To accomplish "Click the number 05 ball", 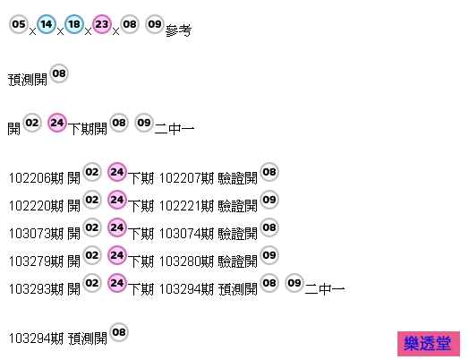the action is (19, 24).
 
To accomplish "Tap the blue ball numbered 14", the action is (47, 24).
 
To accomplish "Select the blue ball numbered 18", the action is (74, 24).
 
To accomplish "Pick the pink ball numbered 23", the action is (102, 24).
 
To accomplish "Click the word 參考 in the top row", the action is (178, 30).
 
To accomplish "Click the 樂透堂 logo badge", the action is (429, 344).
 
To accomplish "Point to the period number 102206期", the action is (36, 178).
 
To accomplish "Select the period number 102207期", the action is (186, 178).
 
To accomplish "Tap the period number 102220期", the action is (36, 206).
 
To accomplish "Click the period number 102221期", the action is (186, 206).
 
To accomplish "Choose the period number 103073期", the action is (36, 234).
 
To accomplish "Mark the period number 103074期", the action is (186, 234).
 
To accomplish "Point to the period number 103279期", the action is (36, 261).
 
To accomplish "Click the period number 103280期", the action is (186, 261).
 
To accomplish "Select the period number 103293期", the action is (36, 289).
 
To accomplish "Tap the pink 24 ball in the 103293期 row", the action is (117, 283).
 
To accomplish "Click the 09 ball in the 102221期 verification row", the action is (269, 200).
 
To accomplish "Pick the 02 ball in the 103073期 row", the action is (92, 227).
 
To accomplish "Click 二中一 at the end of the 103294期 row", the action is (325, 289).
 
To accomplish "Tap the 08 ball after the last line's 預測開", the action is (119, 332).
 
